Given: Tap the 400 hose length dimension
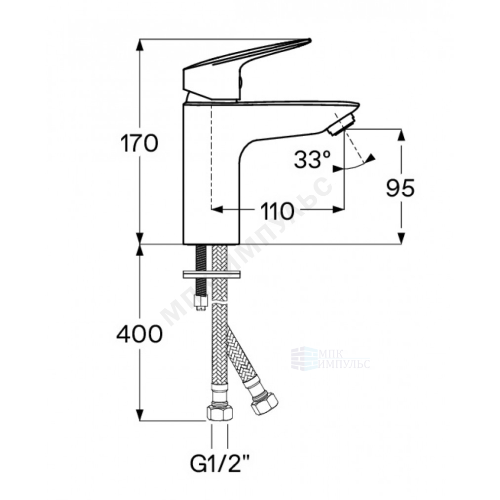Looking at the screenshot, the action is (140, 334).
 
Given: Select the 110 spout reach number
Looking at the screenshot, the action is (277, 211).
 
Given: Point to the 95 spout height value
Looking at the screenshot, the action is (400, 188).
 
